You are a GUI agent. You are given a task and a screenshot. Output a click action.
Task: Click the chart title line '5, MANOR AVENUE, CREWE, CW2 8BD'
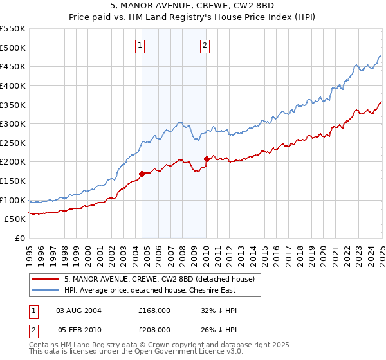(x=192, y=7)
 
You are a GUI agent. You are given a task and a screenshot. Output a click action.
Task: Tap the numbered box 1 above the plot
(x=140, y=45)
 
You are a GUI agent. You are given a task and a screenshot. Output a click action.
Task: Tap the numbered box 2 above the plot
(x=205, y=45)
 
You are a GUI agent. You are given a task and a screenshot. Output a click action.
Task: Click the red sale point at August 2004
(x=142, y=174)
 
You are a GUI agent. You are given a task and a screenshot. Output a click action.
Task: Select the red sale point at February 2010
(x=207, y=159)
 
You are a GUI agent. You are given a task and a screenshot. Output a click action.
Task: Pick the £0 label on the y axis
(x=21, y=238)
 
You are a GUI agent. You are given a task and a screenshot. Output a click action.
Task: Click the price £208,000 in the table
(x=154, y=329)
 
